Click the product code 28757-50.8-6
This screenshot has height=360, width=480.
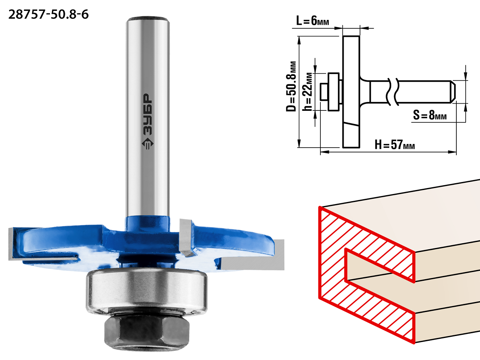click(x=48, y=15)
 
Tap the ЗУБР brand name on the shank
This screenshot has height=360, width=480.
click(x=148, y=114)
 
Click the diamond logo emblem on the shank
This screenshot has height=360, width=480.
click(x=148, y=144)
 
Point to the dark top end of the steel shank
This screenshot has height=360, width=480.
click(x=147, y=18)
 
